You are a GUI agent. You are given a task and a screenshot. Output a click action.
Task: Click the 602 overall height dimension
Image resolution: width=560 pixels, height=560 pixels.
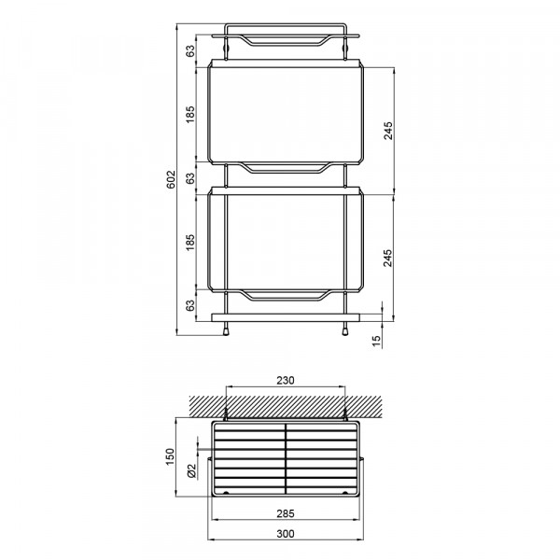tap(171, 179)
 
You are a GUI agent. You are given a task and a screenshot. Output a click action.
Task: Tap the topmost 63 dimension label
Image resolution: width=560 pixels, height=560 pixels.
tap(190, 50)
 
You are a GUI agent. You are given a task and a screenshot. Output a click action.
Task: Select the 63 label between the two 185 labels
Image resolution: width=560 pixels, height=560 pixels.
tap(190, 178)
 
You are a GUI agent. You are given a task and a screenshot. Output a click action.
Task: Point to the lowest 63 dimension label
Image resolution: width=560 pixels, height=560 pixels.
tap(190, 305)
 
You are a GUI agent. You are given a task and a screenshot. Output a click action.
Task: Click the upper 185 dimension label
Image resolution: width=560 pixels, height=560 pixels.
tap(190, 114)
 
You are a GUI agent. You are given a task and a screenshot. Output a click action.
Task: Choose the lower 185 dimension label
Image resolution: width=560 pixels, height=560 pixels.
tap(190, 242)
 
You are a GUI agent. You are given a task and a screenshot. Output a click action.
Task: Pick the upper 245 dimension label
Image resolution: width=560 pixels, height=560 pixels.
tap(388, 131)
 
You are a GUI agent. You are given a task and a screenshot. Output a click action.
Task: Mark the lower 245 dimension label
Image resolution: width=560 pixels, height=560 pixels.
tap(388, 258)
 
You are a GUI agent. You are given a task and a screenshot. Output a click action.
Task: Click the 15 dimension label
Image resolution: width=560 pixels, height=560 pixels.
tap(377, 341)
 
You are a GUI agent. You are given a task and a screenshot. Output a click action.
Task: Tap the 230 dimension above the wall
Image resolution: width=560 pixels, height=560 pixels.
tap(286, 381)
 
